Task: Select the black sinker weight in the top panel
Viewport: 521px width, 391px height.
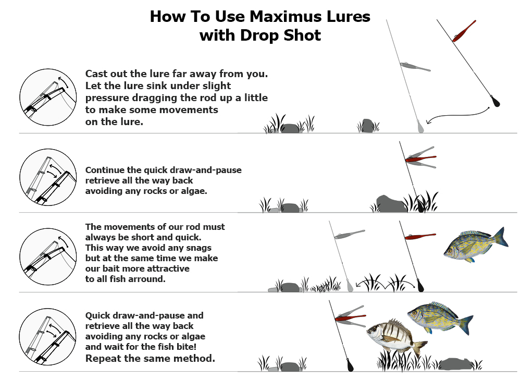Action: [495, 101]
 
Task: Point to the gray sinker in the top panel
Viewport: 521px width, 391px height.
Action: [420, 126]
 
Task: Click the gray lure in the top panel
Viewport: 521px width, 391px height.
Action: [415, 67]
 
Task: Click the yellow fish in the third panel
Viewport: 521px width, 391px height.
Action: [476, 245]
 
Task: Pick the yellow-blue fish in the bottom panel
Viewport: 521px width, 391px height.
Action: [440, 318]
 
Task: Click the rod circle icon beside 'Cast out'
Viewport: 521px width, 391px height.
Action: [48, 97]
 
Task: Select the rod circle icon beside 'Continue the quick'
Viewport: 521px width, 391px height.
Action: [48, 177]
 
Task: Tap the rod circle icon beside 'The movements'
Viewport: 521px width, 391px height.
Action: [48, 256]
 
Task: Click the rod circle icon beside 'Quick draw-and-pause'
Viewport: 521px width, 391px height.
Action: [48, 336]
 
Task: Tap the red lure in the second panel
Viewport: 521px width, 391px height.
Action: [420, 158]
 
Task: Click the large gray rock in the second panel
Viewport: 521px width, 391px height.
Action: [391, 204]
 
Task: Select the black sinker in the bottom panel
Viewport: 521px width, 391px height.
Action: [350, 364]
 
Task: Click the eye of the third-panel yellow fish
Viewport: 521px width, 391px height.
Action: [450, 251]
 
